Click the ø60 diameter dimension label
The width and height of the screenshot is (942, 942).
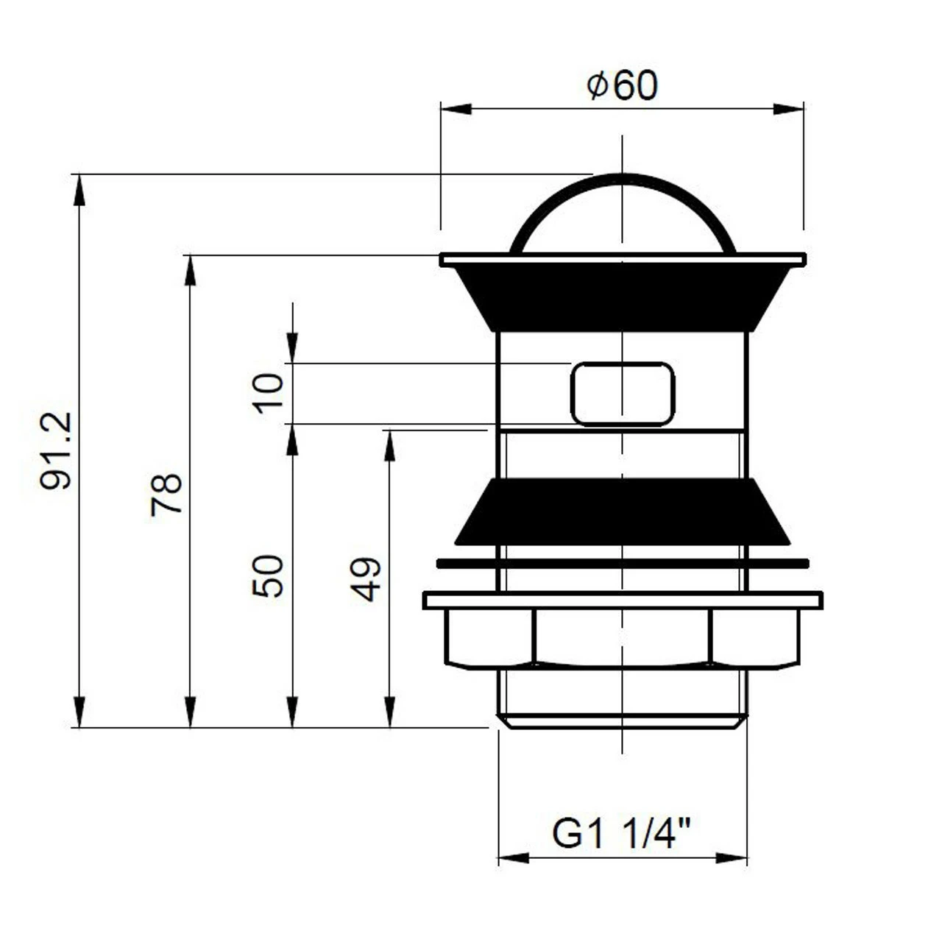623,86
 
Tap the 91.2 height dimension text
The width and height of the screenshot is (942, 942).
57,450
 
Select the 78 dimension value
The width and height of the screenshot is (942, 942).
166,495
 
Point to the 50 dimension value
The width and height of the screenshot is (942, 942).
269,576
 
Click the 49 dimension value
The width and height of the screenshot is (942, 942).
366,579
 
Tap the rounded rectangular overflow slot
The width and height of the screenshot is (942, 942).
623,394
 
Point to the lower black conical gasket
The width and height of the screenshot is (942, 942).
623,511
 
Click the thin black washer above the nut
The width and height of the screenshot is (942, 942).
623,564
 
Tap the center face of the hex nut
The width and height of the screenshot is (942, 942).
623,637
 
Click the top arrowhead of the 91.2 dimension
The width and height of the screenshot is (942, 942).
79,190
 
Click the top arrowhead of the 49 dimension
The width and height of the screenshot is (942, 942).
390,446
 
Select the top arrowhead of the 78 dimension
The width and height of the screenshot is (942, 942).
190,270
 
